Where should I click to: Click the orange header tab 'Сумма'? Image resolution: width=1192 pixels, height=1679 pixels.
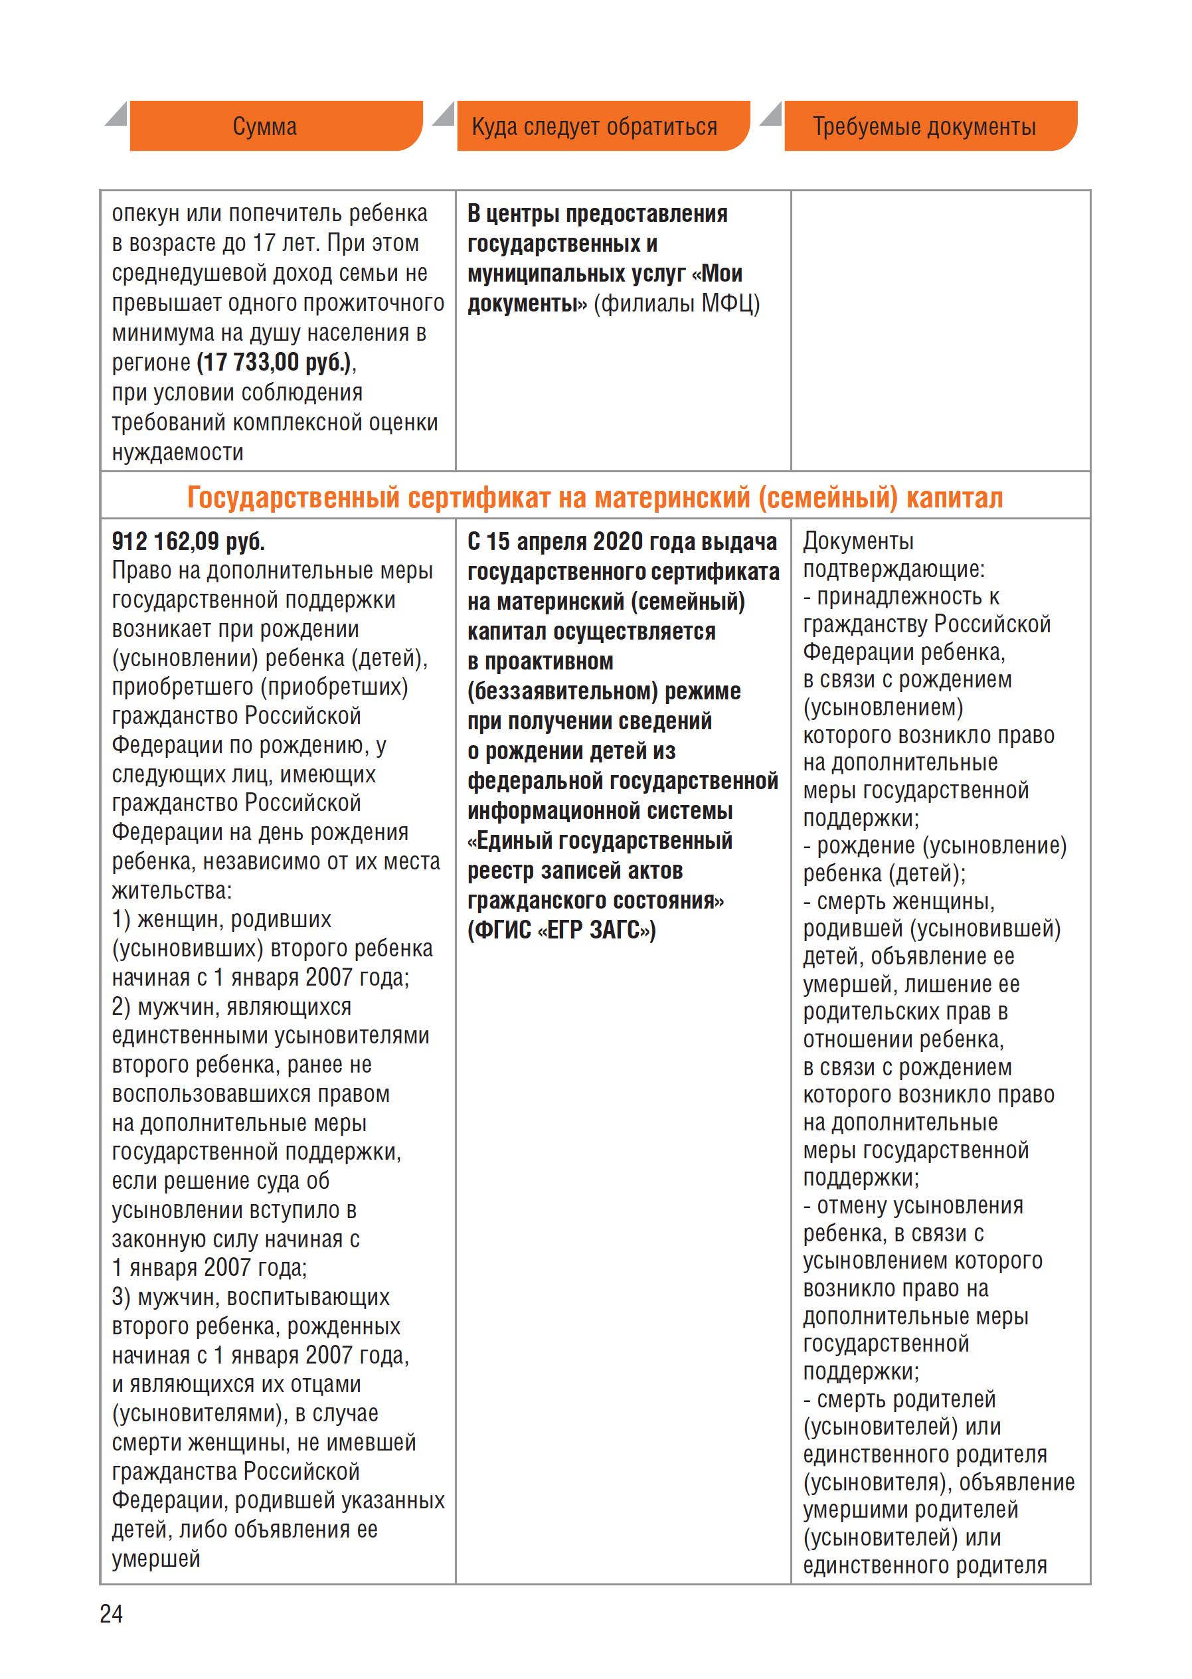[265, 126]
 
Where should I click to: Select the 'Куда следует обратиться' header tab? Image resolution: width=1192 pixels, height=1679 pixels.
[594, 126]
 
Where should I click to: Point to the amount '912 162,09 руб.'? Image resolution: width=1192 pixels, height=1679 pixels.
[188, 541]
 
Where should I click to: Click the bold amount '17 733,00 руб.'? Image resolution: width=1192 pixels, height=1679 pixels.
[273, 362]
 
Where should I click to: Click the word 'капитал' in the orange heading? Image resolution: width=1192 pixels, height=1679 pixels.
[954, 497]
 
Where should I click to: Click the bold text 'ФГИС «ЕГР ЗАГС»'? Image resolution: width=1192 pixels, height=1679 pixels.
[562, 930]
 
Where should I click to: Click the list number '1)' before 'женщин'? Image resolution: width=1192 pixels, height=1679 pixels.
[121, 919]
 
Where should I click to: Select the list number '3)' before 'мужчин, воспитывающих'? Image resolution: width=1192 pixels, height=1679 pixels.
[121, 1296]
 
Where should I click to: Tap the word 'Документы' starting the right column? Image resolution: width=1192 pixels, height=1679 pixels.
[858, 541]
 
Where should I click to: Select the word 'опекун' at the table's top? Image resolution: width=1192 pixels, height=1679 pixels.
[145, 214]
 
